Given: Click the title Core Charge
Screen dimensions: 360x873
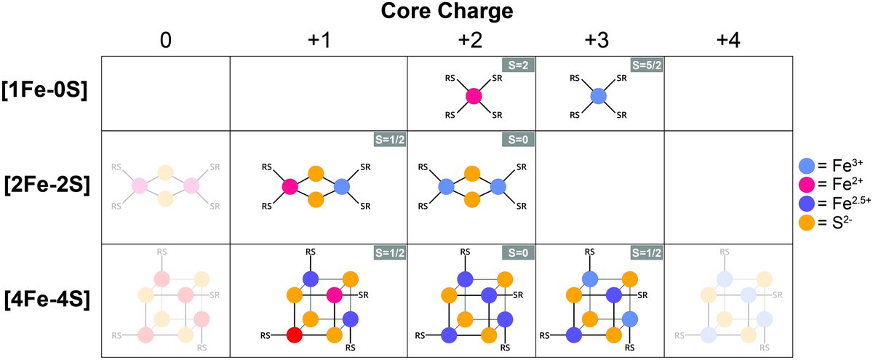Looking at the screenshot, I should [437, 12].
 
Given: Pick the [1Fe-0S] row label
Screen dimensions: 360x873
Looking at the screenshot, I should [45, 94].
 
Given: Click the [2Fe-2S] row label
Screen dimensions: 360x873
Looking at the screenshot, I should [45, 188].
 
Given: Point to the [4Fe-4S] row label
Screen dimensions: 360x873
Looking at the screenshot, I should [45, 300].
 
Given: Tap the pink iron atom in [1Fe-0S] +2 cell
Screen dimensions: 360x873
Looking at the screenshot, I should [473, 95].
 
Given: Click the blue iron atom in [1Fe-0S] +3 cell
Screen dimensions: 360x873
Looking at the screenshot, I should [598, 95].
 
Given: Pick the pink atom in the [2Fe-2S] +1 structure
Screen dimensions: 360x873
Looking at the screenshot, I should [290, 187].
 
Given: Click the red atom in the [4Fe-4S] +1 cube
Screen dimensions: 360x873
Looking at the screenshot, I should [294, 335].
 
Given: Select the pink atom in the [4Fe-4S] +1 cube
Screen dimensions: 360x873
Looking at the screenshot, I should [335, 295].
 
